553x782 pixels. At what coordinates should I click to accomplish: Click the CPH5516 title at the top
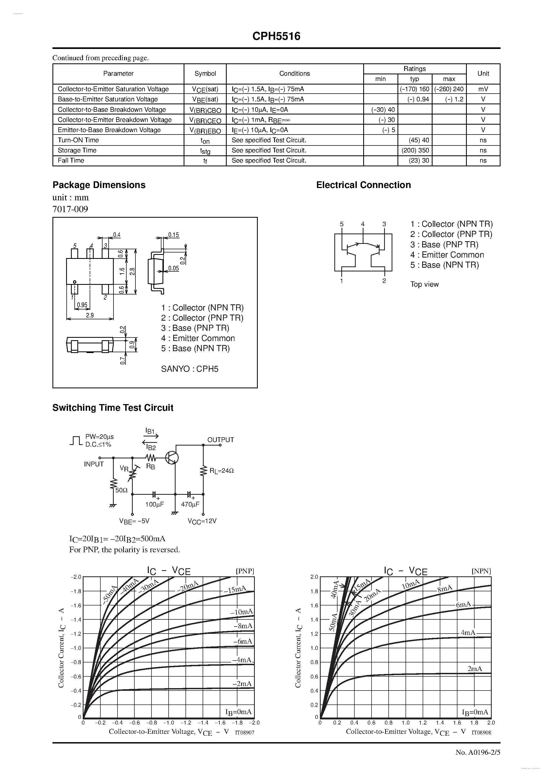point(276,36)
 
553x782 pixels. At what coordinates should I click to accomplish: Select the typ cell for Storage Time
point(415,150)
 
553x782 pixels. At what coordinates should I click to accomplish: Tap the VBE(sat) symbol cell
point(205,99)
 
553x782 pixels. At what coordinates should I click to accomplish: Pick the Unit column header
point(483,74)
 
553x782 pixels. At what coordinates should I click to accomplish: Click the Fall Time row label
point(71,160)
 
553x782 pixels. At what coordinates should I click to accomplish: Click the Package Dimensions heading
point(99,185)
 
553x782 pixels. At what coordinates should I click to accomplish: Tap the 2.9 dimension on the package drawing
point(90,315)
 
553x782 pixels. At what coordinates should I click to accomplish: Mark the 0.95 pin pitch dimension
point(82,305)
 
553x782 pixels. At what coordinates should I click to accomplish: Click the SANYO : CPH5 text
point(190,369)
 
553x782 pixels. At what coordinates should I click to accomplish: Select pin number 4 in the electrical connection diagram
point(363,224)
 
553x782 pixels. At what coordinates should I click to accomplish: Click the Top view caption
point(425,284)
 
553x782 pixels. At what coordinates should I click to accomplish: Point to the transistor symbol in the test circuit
point(172,458)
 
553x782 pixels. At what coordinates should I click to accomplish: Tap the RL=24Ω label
point(222,471)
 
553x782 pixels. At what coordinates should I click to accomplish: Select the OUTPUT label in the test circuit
point(221,440)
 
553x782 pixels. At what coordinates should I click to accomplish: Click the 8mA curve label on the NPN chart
point(445,588)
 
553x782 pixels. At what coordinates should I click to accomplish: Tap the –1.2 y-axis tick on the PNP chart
point(76,634)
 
